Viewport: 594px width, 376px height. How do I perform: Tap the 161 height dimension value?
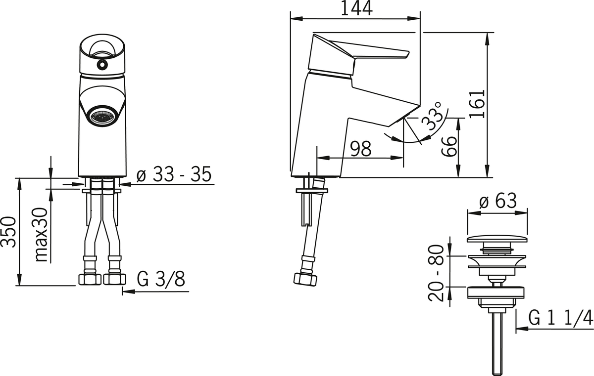pos(477,104)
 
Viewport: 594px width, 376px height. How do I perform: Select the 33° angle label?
pos(432,116)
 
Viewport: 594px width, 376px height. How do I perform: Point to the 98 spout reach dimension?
pos(361,149)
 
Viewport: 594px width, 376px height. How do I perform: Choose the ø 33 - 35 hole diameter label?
pos(174,174)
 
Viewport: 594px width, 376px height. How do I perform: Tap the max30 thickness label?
pos(41,235)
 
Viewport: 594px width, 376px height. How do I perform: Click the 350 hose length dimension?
pos(8,232)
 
